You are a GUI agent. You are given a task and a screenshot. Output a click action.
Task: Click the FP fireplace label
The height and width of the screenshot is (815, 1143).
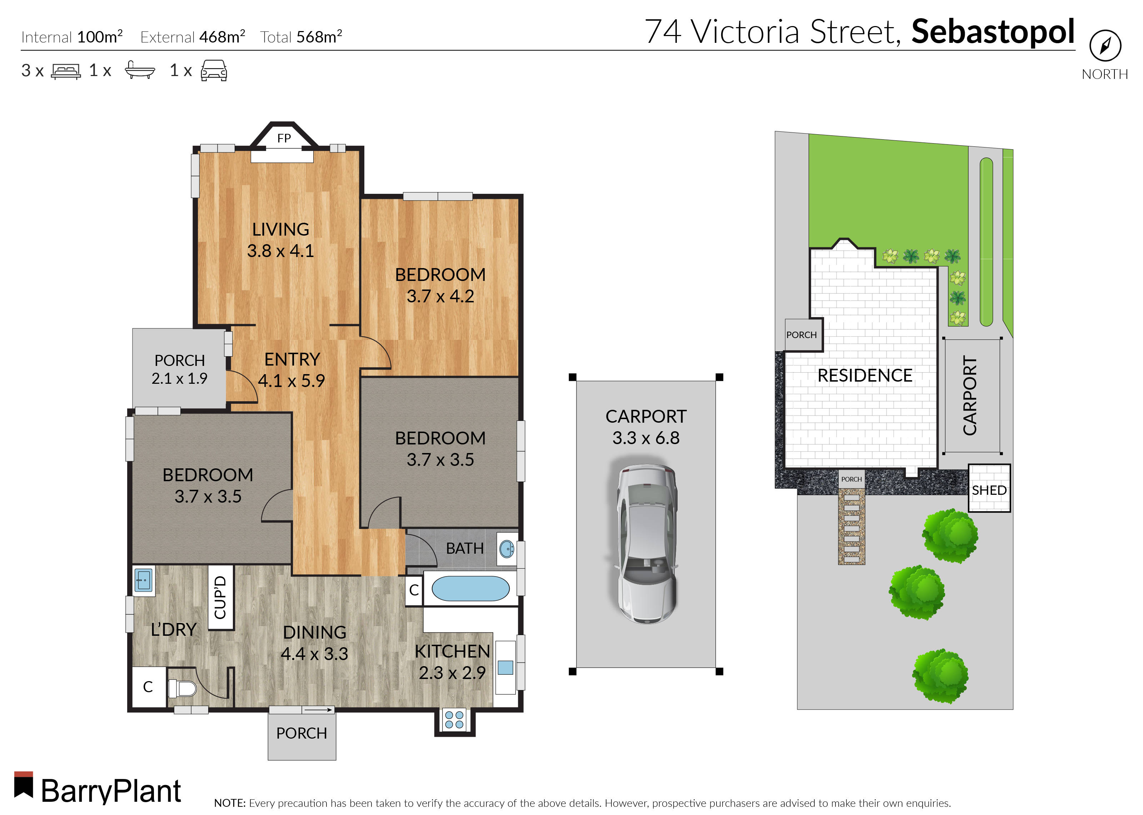tap(284, 138)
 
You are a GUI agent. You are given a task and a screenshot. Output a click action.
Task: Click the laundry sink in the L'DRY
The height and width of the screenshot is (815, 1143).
tap(144, 580)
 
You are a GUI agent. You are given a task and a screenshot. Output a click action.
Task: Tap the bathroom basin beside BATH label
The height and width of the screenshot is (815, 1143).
tap(507, 549)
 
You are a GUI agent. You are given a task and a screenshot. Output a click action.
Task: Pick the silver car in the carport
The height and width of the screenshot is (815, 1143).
tap(646, 543)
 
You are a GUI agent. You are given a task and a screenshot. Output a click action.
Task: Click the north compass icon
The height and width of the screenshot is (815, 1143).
tap(1105, 46)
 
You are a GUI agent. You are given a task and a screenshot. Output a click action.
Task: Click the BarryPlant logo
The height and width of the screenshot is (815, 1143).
tap(98, 790)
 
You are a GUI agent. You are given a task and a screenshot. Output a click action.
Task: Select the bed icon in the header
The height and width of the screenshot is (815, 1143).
tap(66, 71)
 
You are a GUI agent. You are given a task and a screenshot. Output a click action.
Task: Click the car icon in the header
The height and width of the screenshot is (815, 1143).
tap(214, 71)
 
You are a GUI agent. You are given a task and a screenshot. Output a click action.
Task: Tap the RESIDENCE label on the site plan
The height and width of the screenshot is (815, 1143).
tap(864, 376)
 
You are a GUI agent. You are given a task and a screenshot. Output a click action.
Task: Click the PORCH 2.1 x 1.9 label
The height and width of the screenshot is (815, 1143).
tap(179, 369)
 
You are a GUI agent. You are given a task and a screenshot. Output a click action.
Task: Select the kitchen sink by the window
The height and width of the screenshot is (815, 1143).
tap(505, 668)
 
